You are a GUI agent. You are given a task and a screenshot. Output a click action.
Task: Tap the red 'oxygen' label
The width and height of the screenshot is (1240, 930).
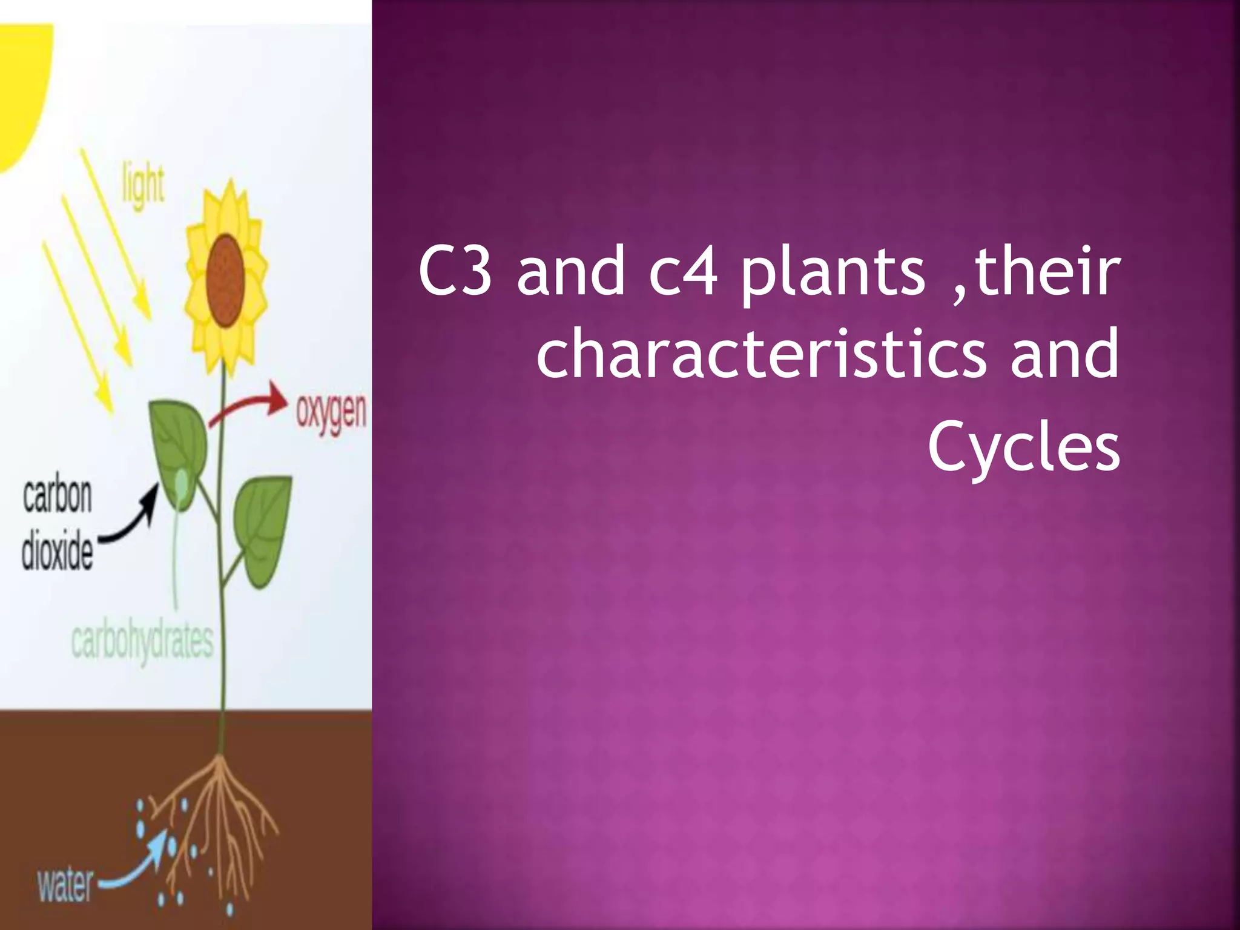click(x=331, y=413)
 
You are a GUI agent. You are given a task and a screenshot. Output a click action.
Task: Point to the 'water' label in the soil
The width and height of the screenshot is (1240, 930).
click(x=65, y=885)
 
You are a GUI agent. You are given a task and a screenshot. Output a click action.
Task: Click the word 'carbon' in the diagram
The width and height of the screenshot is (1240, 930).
click(x=58, y=496)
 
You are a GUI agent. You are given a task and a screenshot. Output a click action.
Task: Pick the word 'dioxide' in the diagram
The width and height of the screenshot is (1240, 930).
click(x=58, y=552)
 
